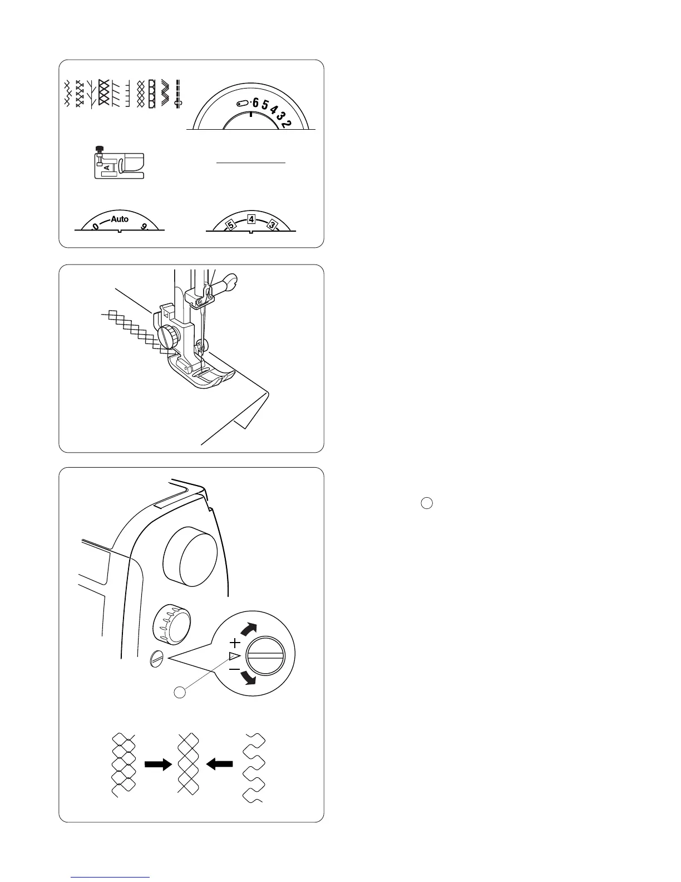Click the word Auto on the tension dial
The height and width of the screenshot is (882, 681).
point(120,219)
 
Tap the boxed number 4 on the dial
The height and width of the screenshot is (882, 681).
point(251,219)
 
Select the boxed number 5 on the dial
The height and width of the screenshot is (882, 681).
point(230,225)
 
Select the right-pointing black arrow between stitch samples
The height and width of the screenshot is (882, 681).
point(157,765)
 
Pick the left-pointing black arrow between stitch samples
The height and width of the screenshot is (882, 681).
point(219,765)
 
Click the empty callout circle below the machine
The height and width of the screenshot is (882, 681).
point(179,692)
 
